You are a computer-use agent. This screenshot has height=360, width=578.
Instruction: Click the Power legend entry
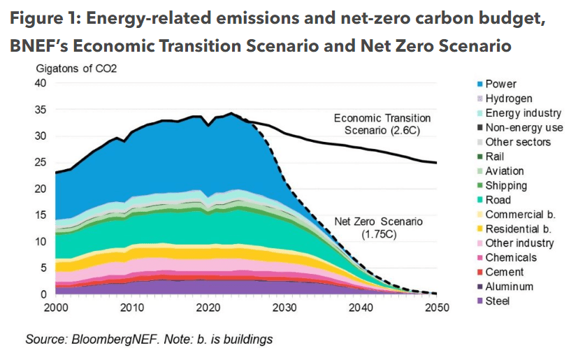[x=500, y=84]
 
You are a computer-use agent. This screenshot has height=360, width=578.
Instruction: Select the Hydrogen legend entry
[x=508, y=99]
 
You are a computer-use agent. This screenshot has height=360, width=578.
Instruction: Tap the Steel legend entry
[x=497, y=301]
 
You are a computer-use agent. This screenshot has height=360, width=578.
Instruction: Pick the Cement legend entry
[x=504, y=272]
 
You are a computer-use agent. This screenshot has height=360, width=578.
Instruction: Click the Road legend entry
[x=497, y=200]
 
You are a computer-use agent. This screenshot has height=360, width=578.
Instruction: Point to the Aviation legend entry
[x=504, y=171]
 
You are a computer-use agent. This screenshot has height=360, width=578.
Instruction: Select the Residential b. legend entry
[x=518, y=229]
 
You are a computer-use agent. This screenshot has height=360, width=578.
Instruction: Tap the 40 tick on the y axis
[x=40, y=83]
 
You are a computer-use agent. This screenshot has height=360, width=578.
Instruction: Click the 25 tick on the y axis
[x=40, y=162]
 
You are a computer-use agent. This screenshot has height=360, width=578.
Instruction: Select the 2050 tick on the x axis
[x=437, y=308]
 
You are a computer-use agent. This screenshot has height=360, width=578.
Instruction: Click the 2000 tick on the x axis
[x=56, y=308]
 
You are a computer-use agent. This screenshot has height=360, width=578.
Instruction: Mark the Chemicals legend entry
[x=511, y=257]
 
